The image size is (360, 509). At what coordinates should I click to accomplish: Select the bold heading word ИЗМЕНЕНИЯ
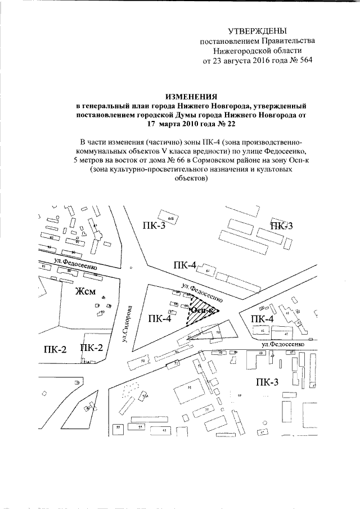point(191,97)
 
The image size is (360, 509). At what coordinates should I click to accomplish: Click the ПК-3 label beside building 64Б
point(150,226)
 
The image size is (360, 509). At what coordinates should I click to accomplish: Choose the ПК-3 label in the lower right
point(267,384)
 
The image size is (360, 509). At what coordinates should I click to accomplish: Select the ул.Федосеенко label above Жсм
point(71,265)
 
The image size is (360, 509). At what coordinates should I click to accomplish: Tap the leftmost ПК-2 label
point(55,349)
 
